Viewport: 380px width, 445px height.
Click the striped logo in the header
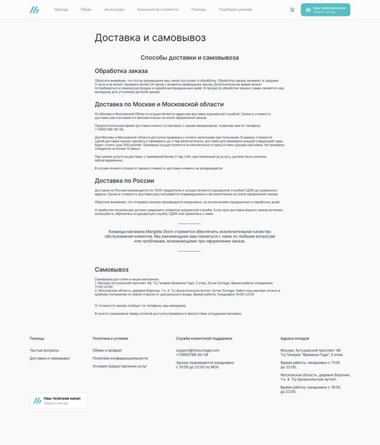pyautogui.click(x=34, y=10)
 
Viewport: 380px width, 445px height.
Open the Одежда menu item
pyautogui.click(x=61, y=10)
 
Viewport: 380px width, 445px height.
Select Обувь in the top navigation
pyautogui.click(x=86, y=10)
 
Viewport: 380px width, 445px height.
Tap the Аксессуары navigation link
pyautogui.click(x=114, y=10)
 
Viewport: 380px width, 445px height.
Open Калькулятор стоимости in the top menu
pyautogui.click(x=158, y=10)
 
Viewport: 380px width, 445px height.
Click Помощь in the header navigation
pyautogui.click(x=199, y=10)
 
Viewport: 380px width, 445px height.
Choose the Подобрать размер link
pyautogui.click(x=235, y=10)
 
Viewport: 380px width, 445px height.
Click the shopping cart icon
pyautogui.click(x=292, y=10)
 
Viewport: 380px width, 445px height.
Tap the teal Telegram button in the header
pyautogui.click(x=325, y=10)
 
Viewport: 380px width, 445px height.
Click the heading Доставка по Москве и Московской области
pyautogui.click(x=159, y=104)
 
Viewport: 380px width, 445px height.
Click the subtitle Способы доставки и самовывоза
pyautogui.click(x=190, y=57)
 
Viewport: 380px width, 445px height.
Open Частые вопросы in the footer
pyautogui.click(x=44, y=350)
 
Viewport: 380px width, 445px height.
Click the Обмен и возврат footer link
pyautogui.click(x=107, y=350)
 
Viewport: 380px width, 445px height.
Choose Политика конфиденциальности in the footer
pyautogui.click(x=120, y=358)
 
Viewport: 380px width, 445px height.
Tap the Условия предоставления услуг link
pyautogui.click(x=119, y=366)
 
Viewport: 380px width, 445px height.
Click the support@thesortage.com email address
pyautogui.click(x=198, y=350)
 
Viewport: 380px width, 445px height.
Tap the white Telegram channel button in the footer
pyautogui.click(x=58, y=400)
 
